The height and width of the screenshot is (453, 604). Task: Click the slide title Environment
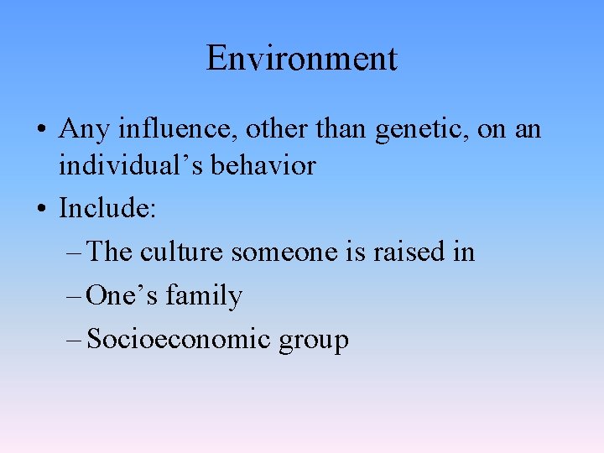point(301,59)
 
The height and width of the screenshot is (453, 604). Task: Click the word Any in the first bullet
point(81,129)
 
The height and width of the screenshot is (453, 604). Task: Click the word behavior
point(263,165)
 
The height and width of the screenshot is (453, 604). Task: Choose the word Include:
point(107,208)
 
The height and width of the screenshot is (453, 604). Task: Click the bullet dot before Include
point(41,209)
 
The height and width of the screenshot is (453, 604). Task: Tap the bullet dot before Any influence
point(41,131)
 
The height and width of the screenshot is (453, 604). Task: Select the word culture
point(185,252)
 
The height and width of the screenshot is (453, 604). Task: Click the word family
point(204,296)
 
